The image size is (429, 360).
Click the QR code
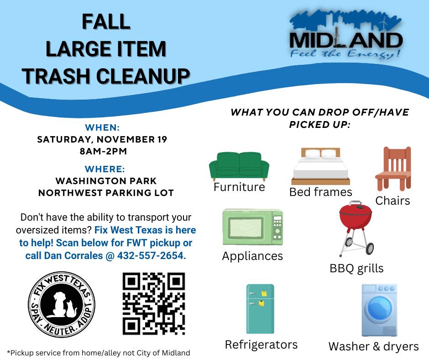pyautogui.click(x=154, y=303)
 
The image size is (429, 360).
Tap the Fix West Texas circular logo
pyautogui.click(x=62, y=304)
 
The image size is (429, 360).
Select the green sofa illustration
pyautogui.click(x=239, y=166)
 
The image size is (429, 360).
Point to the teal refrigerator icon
pyautogui.click(x=260, y=309)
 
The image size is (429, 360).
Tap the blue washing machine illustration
pyautogui.click(x=379, y=310)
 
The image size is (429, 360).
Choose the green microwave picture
pyautogui.click(x=252, y=227)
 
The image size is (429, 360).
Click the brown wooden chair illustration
pyautogui.click(x=393, y=169)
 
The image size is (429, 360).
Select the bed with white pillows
pyautogui.click(x=320, y=166)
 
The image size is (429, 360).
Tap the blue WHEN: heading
pyautogui.click(x=102, y=127)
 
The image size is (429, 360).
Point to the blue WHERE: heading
pyautogui.click(x=105, y=169)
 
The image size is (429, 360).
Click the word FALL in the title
pyautogui.click(x=106, y=21)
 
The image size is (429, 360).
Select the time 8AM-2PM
pyautogui.click(x=103, y=151)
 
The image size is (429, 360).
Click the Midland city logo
pyautogui.click(x=345, y=35)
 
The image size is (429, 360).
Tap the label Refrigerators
pyautogui.click(x=261, y=344)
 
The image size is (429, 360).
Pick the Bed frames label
pyautogui.click(x=321, y=192)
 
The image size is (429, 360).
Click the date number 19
pyautogui.click(x=162, y=139)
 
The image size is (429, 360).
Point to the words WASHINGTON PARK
pyautogui.click(x=106, y=181)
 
